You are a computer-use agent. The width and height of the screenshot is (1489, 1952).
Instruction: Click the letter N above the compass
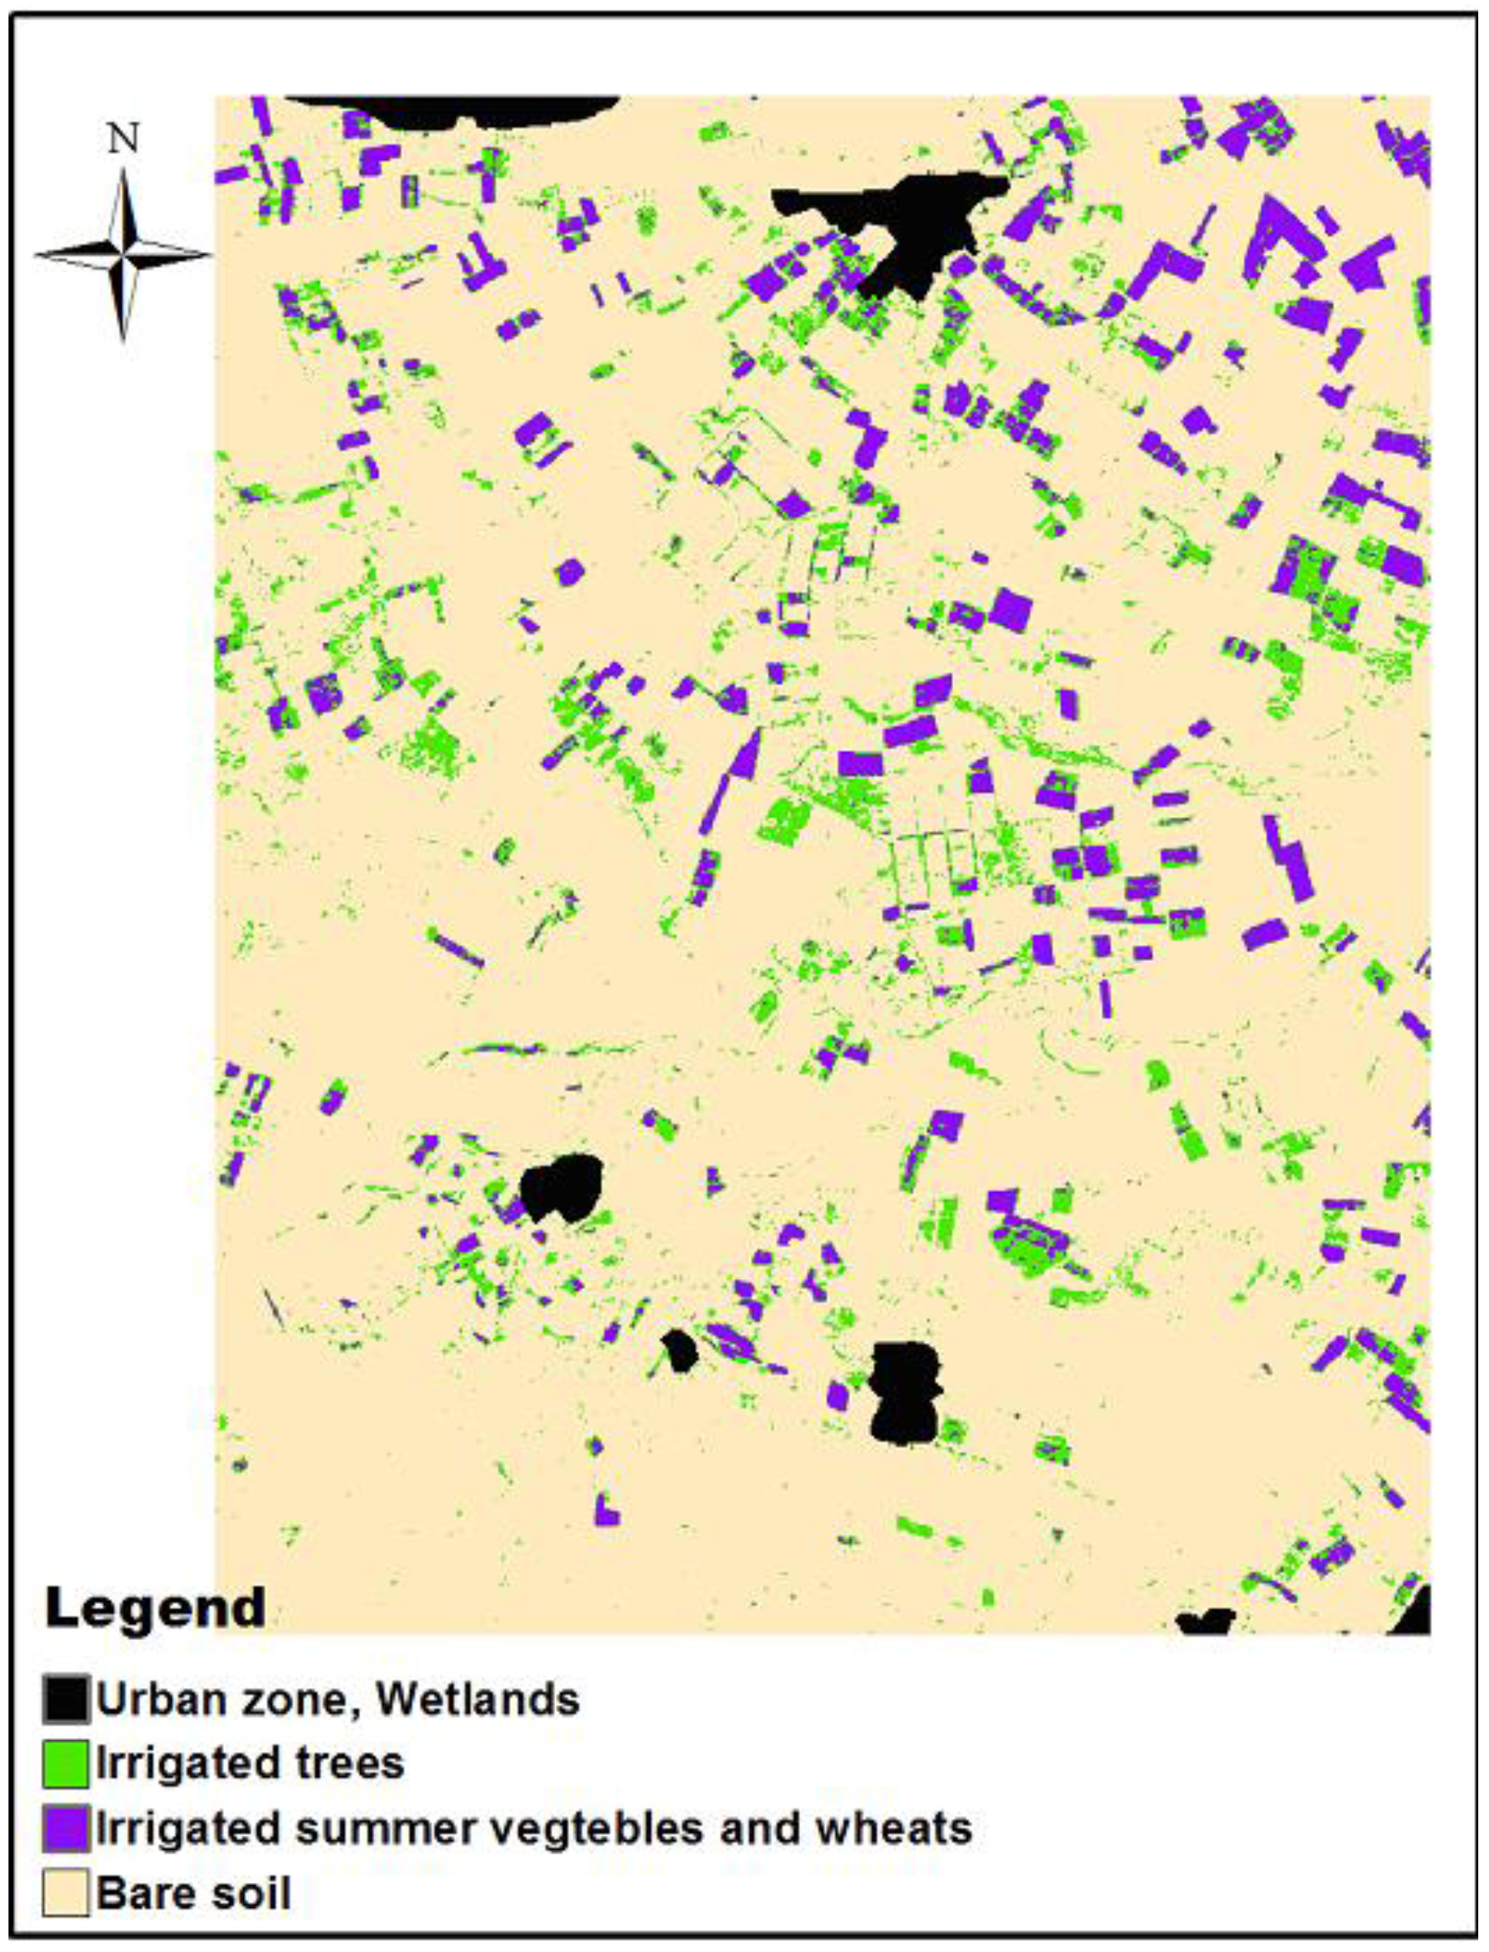(123, 139)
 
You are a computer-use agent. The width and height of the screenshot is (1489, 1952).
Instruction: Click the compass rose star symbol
(123, 254)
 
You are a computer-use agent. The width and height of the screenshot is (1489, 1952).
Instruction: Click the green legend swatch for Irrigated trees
(65, 1763)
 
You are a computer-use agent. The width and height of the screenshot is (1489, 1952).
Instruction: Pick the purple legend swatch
(65, 1828)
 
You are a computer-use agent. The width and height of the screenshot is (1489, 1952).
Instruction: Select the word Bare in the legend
(145, 1893)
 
